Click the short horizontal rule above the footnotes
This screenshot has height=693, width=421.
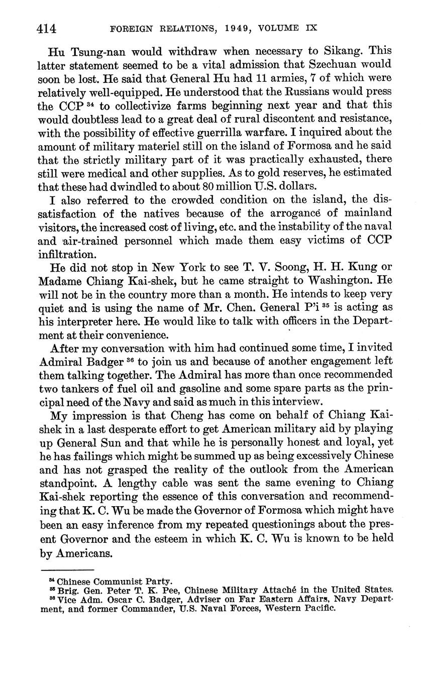pos(67,570)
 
